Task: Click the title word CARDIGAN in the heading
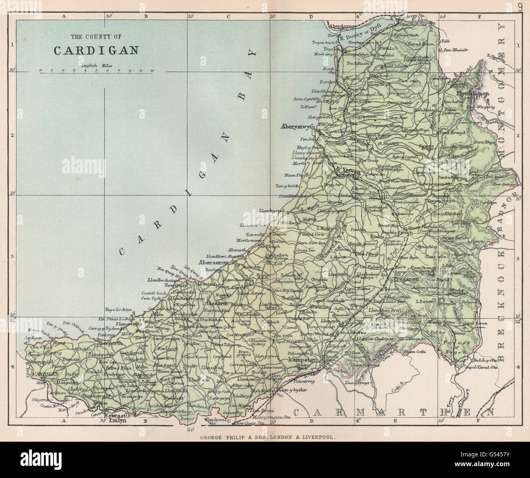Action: [96, 50]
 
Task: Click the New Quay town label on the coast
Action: [175, 286]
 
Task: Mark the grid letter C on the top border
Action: [229, 16]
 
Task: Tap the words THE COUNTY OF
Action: [96, 37]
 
